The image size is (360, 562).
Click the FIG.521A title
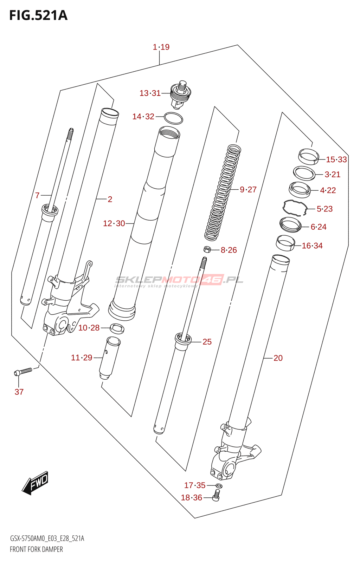click(38, 15)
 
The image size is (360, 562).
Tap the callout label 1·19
click(161, 47)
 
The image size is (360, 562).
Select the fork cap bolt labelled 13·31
click(181, 95)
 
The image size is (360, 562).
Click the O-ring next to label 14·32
click(173, 118)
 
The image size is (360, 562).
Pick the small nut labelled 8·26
click(207, 250)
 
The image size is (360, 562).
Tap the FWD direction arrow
click(35, 483)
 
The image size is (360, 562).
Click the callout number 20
click(278, 358)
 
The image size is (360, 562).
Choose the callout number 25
click(207, 342)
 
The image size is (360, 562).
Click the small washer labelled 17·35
click(218, 485)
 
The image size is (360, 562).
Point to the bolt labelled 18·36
click(216, 496)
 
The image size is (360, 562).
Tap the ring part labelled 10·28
click(117, 329)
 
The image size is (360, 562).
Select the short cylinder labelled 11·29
click(109, 358)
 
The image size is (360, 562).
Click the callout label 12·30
click(114, 223)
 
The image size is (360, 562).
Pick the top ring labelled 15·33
click(308, 156)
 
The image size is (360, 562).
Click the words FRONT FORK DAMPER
click(36, 549)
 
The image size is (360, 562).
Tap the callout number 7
click(37, 195)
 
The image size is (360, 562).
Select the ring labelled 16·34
click(285, 243)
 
